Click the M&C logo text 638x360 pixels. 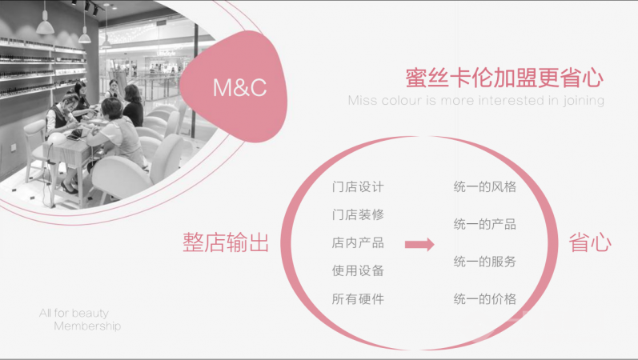point(239,88)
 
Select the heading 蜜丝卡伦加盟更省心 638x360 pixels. point(504,79)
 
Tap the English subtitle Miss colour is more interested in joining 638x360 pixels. point(475,102)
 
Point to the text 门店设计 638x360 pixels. point(358,187)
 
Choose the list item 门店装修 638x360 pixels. point(358,215)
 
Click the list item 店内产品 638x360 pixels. point(358,243)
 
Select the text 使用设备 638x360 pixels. point(358,271)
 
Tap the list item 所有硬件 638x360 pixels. point(358,299)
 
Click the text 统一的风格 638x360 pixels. point(484,187)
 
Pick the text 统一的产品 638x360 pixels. point(484,224)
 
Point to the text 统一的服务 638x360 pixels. point(484,262)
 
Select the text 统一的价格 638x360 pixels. point(484,299)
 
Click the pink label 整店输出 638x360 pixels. point(225,244)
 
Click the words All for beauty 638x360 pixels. point(74,313)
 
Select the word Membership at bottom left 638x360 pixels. point(87,326)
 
